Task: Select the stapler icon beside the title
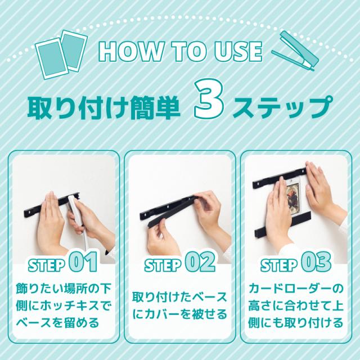[x=295, y=51]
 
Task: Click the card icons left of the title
[x=61, y=54]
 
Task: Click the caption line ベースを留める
[x=57, y=323]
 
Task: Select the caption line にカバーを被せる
[x=180, y=314]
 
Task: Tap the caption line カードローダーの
[x=296, y=289]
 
